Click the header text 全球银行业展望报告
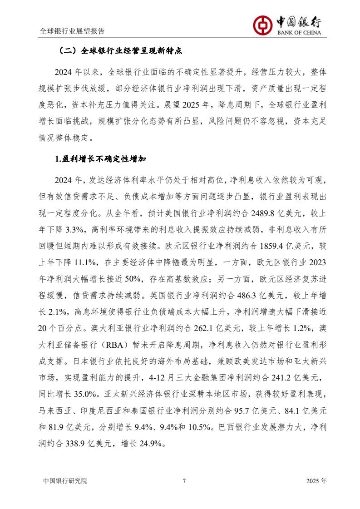pos(72,31)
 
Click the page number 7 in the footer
pos(184,481)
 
